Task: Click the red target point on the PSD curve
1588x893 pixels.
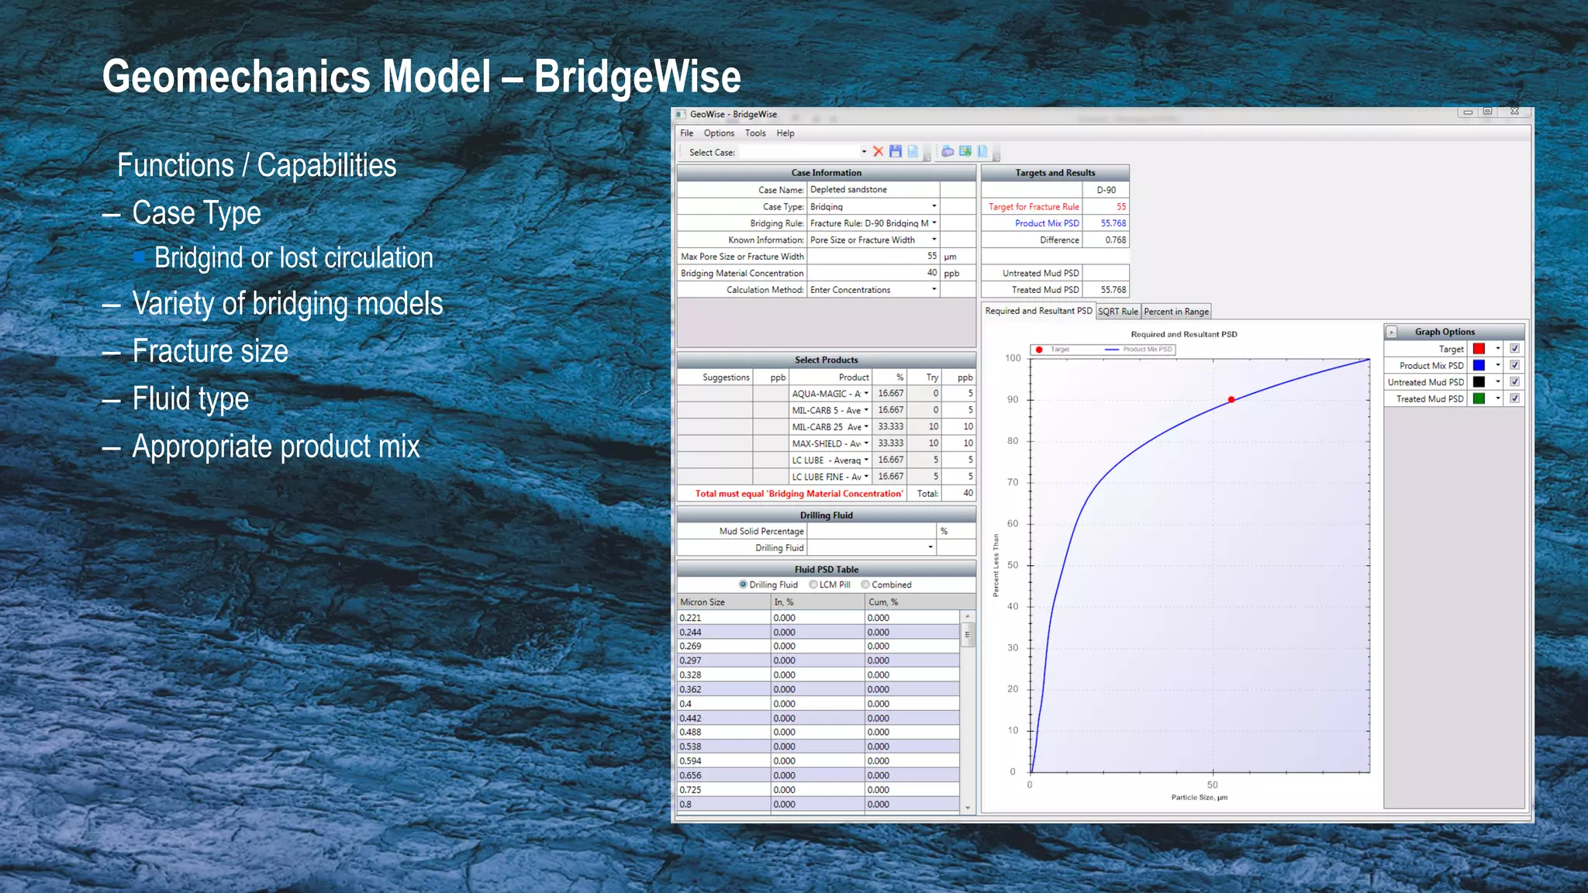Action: tap(1231, 400)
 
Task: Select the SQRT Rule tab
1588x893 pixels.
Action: tap(1117, 312)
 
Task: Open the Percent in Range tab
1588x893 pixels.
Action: tap(1175, 312)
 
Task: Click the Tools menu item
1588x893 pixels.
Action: tap(755, 133)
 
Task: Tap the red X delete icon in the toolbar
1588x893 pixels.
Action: tap(878, 152)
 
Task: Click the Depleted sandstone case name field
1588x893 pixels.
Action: tap(872, 190)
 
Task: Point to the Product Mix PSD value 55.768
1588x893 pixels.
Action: tap(1113, 223)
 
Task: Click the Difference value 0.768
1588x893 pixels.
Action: tap(1115, 240)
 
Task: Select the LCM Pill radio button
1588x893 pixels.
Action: tap(813, 585)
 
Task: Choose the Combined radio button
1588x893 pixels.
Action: tap(865, 585)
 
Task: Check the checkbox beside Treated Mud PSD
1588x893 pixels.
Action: tap(1514, 399)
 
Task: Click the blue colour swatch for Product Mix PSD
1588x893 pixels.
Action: tap(1479, 366)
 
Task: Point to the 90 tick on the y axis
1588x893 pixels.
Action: tap(1013, 400)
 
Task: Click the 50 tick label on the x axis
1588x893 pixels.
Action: tap(1212, 785)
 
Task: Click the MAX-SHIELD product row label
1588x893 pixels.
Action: tap(825, 443)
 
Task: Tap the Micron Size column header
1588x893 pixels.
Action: tap(703, 602)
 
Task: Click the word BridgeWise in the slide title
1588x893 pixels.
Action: tap(637, 77)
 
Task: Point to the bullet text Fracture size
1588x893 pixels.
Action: tap(210, 351)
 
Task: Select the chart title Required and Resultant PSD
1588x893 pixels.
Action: tap(1183, 335)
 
